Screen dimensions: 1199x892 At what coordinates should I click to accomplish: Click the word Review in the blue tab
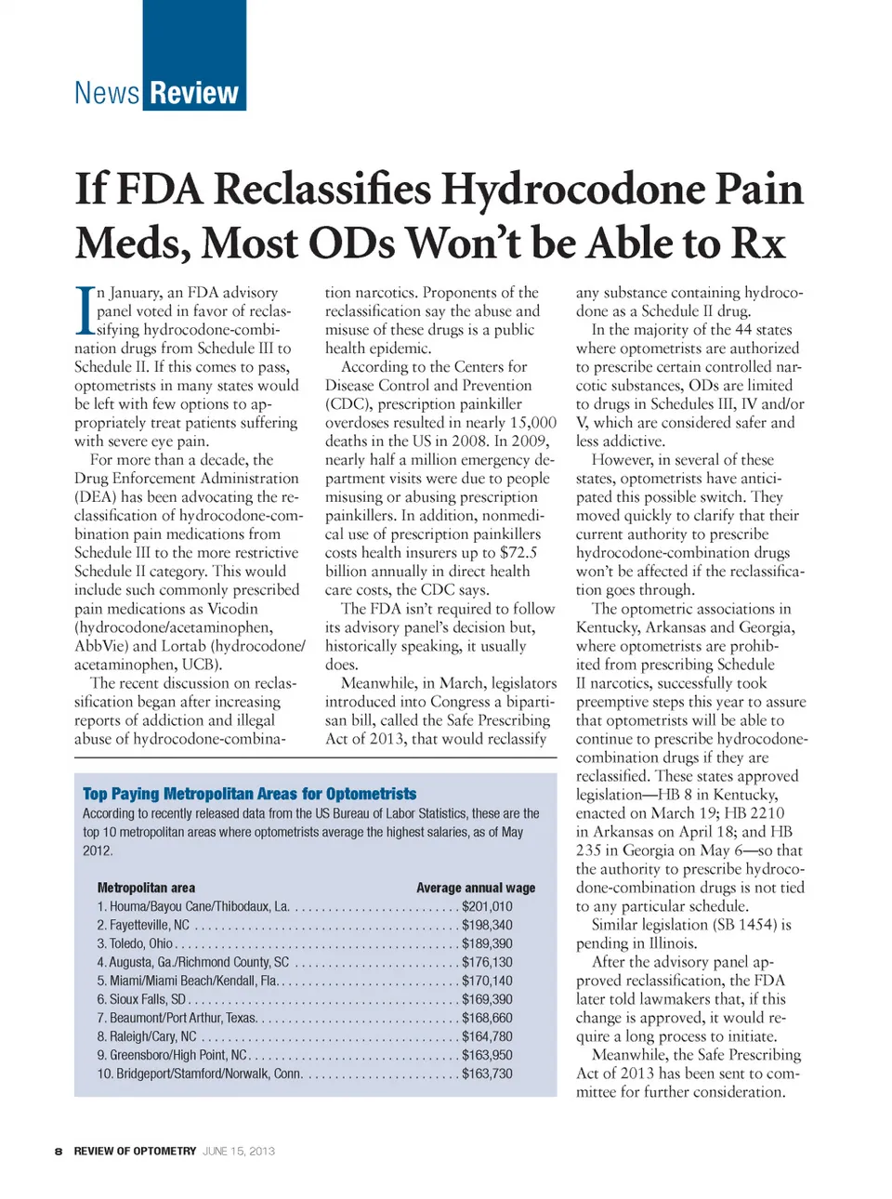click(x=194, y=94)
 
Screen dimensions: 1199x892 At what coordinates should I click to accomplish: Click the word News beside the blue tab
click(x=107, y=94)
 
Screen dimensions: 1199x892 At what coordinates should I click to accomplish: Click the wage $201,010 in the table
click(x=487, y=906)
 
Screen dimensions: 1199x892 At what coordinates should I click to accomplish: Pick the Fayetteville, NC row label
click(x=143, y=925)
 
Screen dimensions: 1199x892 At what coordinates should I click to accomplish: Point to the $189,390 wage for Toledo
click(x=487, y=943)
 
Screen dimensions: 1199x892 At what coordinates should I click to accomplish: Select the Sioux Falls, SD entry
click(x=141, y=999)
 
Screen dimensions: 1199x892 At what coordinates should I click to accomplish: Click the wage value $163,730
click(x=487, y=1074)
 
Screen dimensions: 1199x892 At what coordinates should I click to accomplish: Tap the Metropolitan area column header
click(x=146, y=888)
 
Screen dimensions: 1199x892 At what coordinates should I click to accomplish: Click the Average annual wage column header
click(x=476, y=888)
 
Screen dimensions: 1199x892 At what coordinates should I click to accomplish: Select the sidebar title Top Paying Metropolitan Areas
click(x=249, y=794)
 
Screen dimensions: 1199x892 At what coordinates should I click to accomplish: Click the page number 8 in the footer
click(x=59, y=1151)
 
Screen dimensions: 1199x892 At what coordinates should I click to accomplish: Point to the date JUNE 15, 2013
click(x=239, y=1151)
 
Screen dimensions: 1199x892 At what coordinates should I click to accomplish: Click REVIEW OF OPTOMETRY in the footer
click(x=135, y=1151)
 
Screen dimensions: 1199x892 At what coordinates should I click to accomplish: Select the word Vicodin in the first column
click(x=232, y=609)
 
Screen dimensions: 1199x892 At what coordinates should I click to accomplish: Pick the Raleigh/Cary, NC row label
click(x=147, y=1036)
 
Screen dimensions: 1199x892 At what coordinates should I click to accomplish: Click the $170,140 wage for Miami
click(x=487, y=981)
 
